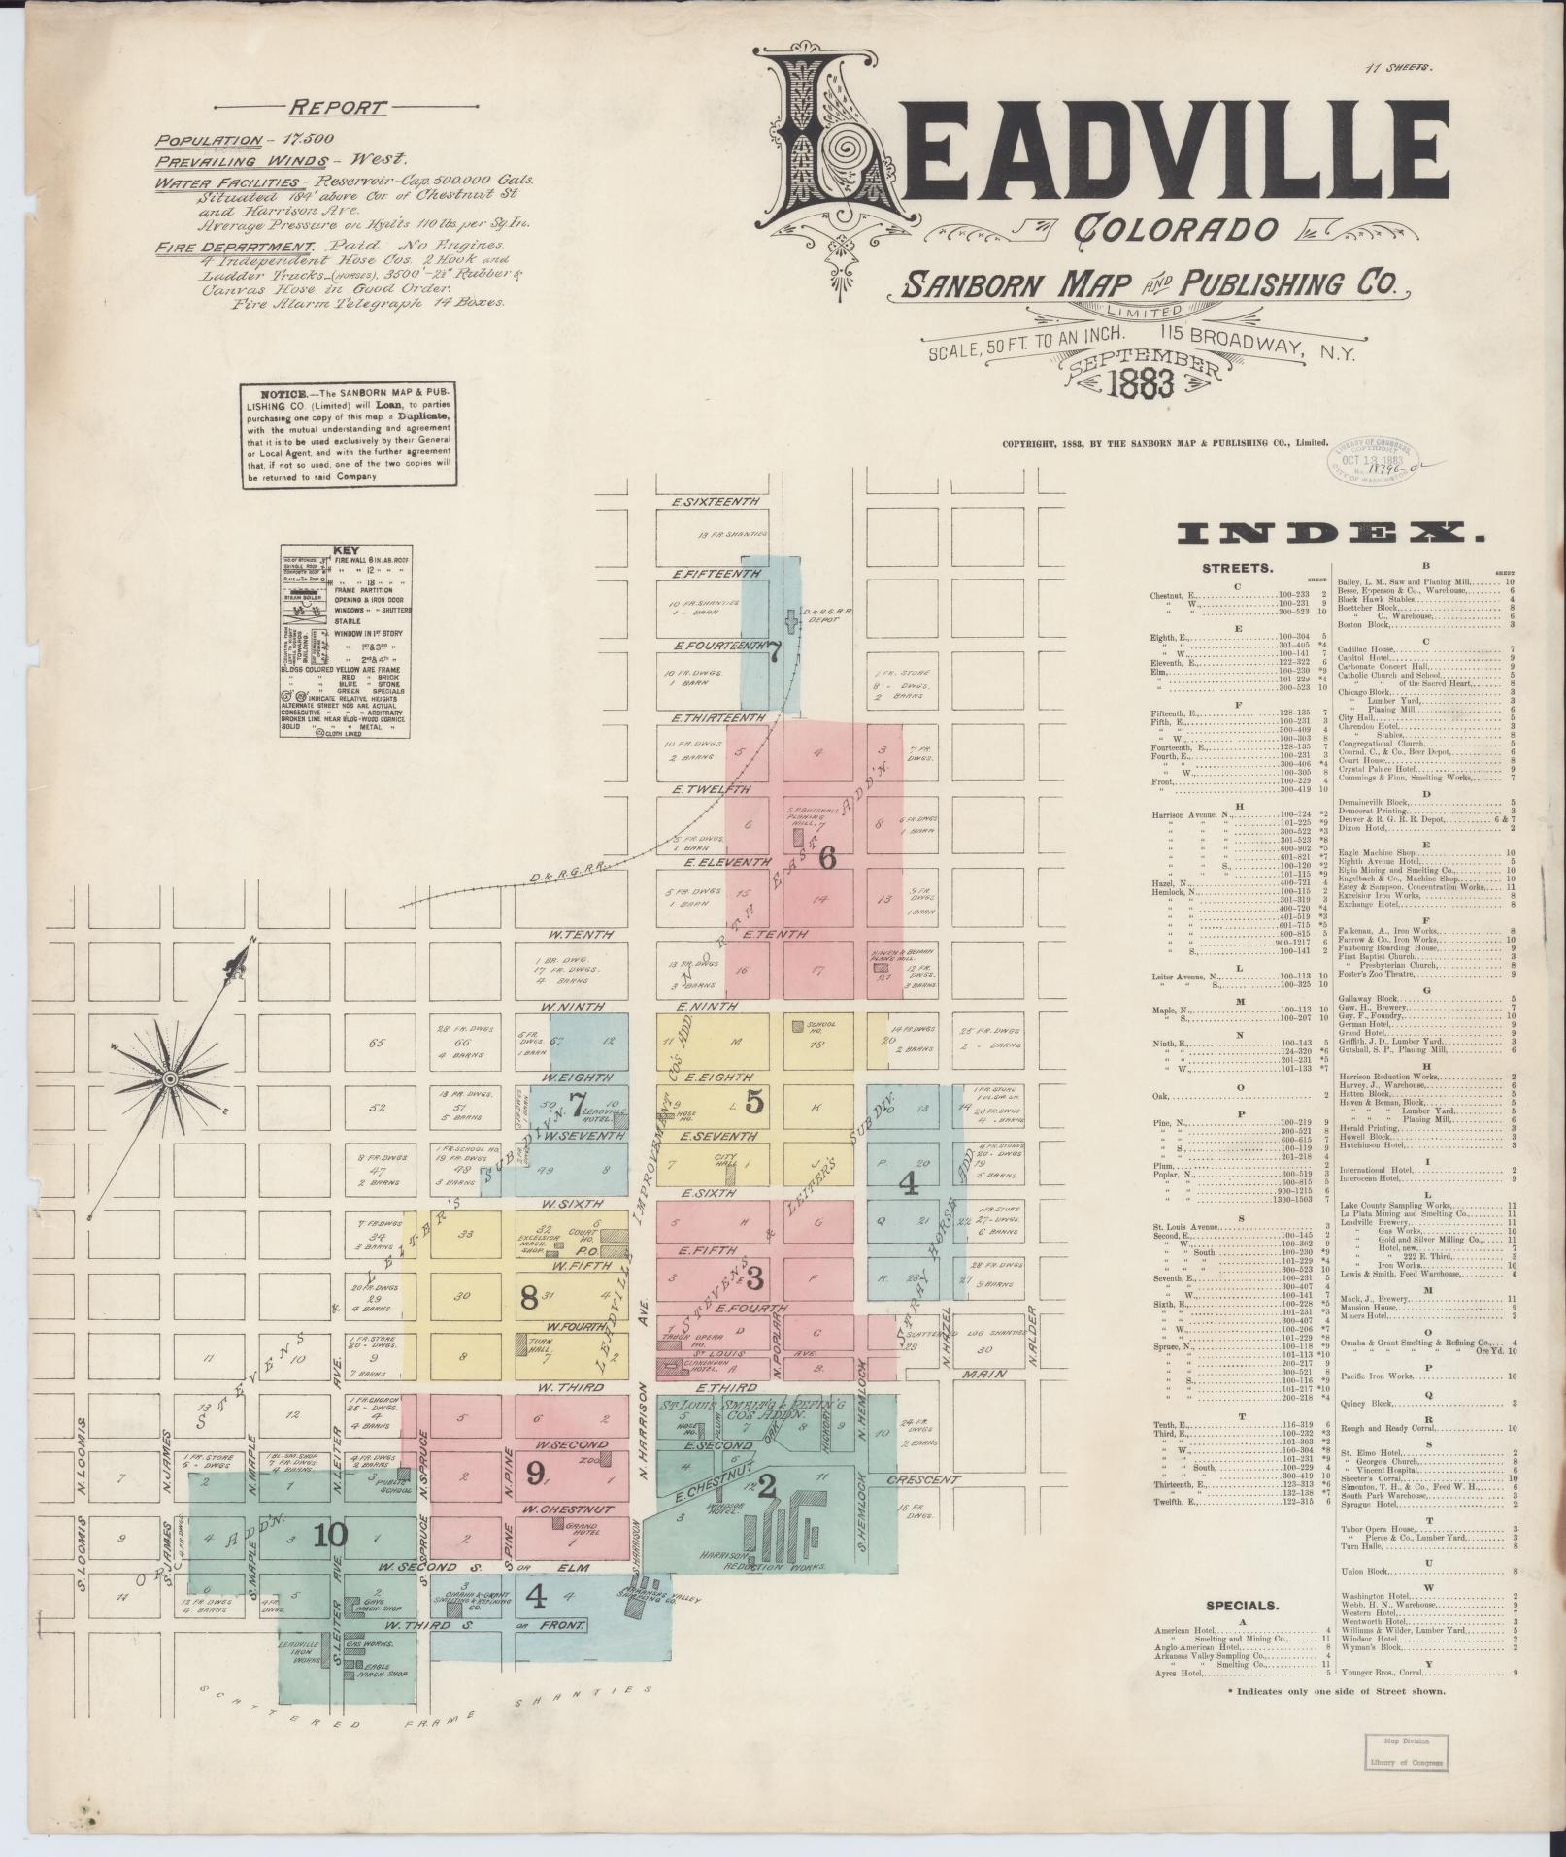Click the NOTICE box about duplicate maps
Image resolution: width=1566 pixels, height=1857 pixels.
coord(349,435)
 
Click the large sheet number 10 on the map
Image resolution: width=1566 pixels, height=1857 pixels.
coord(330,1535)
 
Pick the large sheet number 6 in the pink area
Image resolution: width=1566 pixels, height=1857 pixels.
coord(827,857)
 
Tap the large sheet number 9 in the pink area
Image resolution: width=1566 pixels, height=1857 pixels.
coord(535,1473)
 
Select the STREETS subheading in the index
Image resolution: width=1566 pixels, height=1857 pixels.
coord(1238,568)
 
